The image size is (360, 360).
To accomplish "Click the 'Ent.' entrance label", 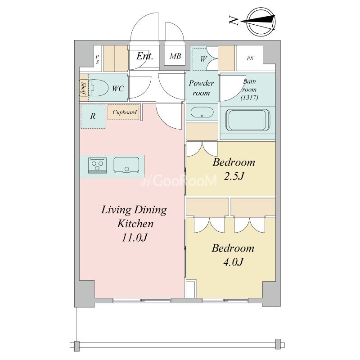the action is (x=144, y=56).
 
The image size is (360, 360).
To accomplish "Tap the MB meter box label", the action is (x=175, y=56).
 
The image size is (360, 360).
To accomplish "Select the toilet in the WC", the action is (x=99, y=88).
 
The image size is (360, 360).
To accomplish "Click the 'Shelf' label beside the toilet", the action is (x=84, y=88).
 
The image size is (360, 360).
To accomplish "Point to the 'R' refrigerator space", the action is (x=93, y=116).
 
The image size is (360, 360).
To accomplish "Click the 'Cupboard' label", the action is (x=125, y=112).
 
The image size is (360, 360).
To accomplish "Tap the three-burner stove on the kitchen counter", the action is (x=97, y=165).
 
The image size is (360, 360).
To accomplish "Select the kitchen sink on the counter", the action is (x=126, y=165).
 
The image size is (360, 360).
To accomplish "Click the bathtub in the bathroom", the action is (x=248, y=120).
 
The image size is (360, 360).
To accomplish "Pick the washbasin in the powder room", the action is (x=202, y=112).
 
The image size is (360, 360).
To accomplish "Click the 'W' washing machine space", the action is (x=203, y=59).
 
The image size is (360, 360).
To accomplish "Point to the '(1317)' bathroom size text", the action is (x=249, y=98).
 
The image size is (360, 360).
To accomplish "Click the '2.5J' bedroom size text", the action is (x=234, y=176).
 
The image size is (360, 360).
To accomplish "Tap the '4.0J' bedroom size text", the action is (x=233, y=262).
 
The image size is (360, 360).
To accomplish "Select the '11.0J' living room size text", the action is (x=134, y=238).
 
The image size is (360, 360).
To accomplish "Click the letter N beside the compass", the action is (x=234, y=20).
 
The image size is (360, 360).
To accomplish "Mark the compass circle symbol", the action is (x=261, y=22).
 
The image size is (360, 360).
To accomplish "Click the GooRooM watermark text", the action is (x=179, y=180).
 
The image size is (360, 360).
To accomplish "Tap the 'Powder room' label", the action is (x=201, y=88).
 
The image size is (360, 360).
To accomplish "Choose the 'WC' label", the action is (x=118, y=88).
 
